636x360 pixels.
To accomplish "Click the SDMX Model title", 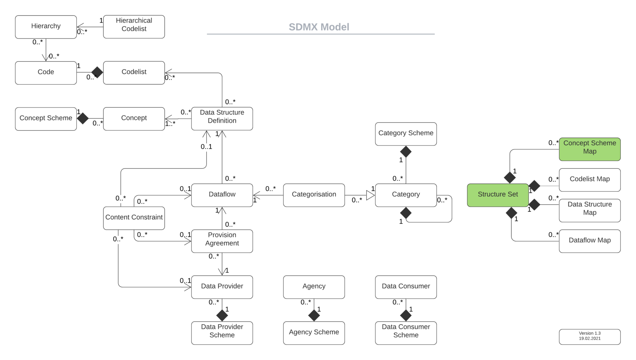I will tap(319, 27).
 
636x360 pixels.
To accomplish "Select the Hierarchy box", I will tap(46, 26).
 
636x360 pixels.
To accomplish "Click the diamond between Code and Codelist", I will tap(97, 72).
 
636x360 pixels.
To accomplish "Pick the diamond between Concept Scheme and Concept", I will tap(83, 118).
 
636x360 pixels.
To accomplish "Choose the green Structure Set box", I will tap(497, 195).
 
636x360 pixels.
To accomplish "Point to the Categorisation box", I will tap(314, 195).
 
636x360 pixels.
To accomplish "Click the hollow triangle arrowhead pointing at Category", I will tap(370, 195).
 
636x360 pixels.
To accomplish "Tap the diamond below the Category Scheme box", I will tap(406, 152).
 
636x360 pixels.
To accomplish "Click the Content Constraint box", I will tap(134, 218).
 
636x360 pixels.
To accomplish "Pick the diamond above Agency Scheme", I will tap(314, 315).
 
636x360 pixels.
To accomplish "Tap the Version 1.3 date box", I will tap(589, 336).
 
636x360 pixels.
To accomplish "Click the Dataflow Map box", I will tap(589, 241).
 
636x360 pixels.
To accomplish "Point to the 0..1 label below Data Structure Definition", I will tap(206, 147).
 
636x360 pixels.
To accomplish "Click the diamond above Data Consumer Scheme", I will tap(406, 315).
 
